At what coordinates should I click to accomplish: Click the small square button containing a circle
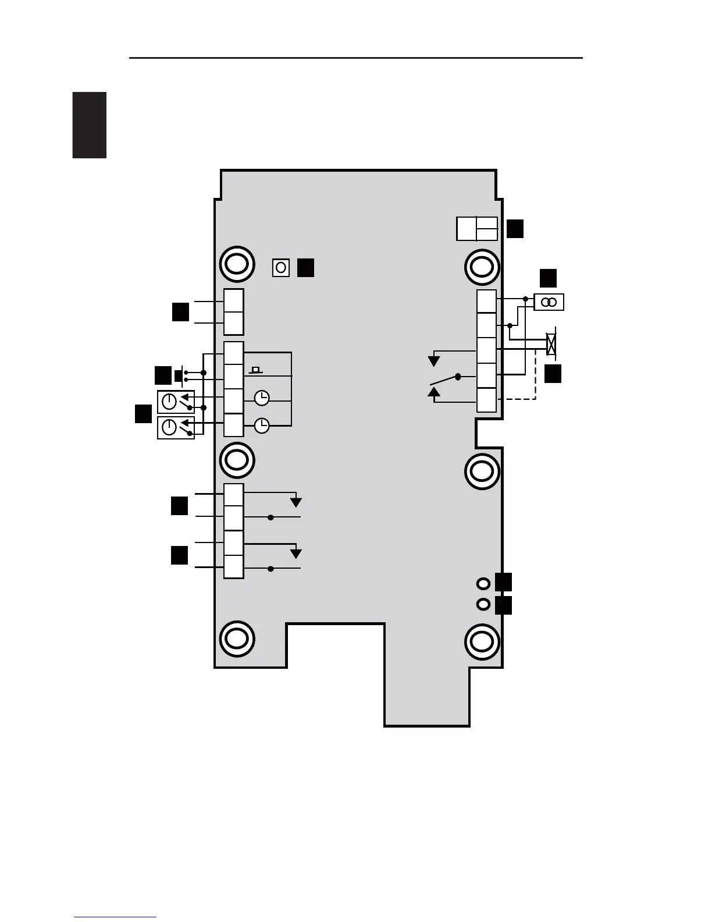(x=281, y=268)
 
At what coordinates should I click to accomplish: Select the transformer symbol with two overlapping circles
(x=549, y=302)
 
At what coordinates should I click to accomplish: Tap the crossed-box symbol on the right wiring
(x=551, y=345)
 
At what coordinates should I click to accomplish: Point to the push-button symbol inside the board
(x=255, y=370)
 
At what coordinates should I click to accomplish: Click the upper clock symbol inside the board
(x=262, y=398)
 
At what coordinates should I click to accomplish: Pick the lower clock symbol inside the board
(x=262, y=426)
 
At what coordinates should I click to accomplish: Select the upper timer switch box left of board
(x=176, y=401)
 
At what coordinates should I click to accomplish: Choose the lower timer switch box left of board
(x=176, y=427)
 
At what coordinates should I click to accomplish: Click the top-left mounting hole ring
(x=237, y=264)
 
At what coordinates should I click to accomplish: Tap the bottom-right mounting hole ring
(x=482, y=641)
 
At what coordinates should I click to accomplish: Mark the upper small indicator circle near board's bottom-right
(x=483, y=583)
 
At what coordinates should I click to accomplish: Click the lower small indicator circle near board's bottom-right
(x=483, y=605)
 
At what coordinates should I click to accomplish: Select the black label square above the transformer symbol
(x=548, y=278)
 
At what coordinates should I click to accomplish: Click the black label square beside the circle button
(x=306, y=268)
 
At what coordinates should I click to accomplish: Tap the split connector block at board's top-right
(x=477, y=229)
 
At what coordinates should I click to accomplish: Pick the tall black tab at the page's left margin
(x=90, y=125)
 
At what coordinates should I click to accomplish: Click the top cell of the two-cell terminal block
(x=234, y=300)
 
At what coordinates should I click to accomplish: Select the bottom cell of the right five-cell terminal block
(x=487, y=400)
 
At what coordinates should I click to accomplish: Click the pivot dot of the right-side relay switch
(x=458, y=377)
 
